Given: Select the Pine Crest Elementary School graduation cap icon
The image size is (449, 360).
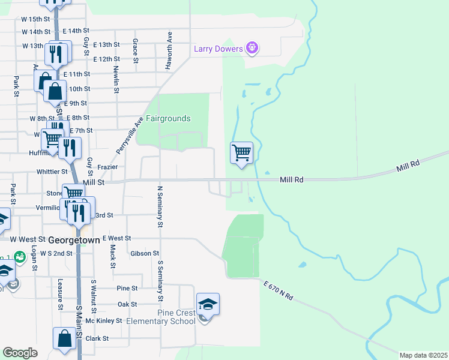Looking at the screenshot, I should (208, 305).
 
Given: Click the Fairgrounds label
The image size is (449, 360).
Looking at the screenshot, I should (168, 119).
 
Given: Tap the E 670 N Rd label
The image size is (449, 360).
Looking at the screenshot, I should (278, 289).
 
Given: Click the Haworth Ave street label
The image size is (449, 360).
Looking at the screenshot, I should (170, 50).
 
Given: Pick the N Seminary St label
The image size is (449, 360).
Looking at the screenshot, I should (160, 207).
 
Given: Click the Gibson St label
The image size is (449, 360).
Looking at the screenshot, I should (144, 254).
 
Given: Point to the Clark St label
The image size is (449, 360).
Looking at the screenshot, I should (97, 338).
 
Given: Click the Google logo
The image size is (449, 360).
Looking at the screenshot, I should (20, 353).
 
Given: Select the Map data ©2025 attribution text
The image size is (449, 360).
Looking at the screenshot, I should (423, 355).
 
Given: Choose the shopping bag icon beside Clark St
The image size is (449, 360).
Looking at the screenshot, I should (64, 338).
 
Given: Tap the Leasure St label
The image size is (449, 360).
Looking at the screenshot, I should (61, 295).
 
